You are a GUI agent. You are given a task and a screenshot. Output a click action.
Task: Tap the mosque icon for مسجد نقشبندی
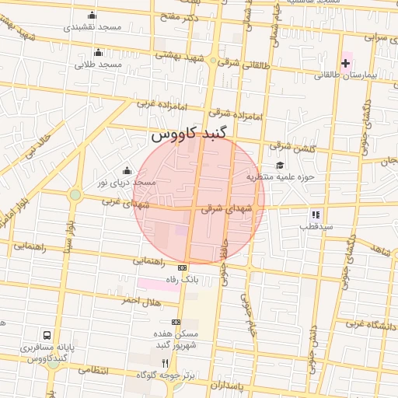click(93, 15)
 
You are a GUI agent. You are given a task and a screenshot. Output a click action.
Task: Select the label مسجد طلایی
click(99, 65)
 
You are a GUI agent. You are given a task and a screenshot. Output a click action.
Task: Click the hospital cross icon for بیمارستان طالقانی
click(345, 62)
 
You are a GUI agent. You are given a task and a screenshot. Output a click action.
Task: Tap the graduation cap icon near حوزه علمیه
click(280, 165)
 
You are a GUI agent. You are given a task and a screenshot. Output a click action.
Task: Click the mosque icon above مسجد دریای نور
click(127, 170)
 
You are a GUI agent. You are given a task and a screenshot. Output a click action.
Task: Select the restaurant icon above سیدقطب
click(316, 214)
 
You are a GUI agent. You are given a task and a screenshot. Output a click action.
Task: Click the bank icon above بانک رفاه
click(182, 267)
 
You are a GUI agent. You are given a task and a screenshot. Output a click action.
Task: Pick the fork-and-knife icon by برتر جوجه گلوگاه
click(164, 363)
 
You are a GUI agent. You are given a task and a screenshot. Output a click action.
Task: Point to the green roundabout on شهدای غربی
click(75, 194)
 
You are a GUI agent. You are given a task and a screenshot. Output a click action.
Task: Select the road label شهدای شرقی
click(223, 208)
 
